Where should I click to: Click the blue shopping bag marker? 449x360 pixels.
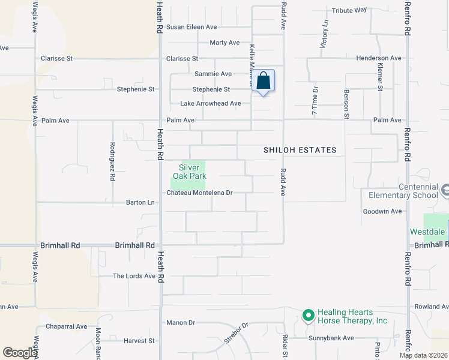tap(264, 81)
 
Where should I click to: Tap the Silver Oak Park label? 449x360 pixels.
tap(190, 172)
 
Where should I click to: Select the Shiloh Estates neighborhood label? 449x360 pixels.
tap(300, 150)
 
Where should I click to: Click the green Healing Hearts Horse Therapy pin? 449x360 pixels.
tap(309, 315)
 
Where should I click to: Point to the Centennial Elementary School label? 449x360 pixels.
tap(403, 191)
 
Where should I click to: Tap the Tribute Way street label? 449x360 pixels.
tap(349, 10)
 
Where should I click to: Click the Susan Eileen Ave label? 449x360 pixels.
tap(191, 27)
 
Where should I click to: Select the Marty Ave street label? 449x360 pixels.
tap(224, 43)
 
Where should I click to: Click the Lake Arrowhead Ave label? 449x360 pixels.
tap(211, 104)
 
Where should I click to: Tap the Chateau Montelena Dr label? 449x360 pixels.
tap(199, 193)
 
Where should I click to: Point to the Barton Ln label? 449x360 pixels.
tap(140, 202)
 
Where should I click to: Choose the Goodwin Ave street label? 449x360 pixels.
tap(382, 211)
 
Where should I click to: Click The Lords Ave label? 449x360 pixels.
tap(134, 276)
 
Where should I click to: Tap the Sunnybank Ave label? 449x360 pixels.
tap(331, 338)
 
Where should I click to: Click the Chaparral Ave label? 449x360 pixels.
tap(66, 327)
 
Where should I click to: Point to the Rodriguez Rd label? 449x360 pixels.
tap(112, 161)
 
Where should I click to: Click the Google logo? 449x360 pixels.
tap(20, 353)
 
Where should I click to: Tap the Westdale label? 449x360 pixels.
tap(428, 232)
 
